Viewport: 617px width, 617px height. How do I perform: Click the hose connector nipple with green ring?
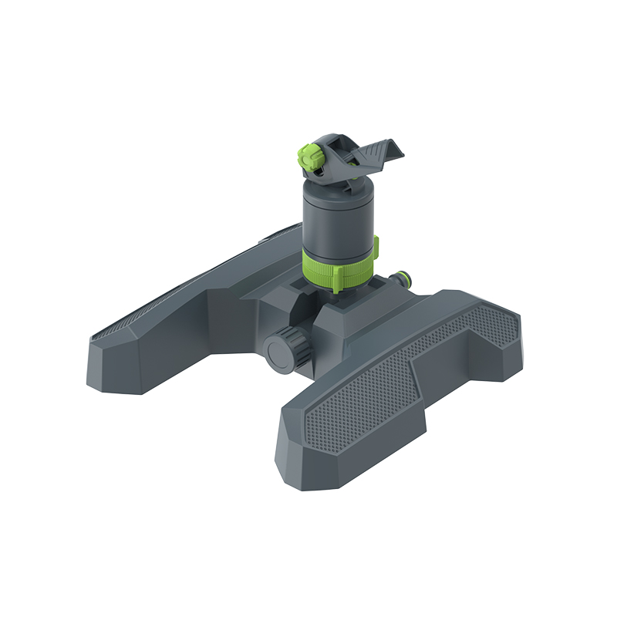(x=401, y=278)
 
